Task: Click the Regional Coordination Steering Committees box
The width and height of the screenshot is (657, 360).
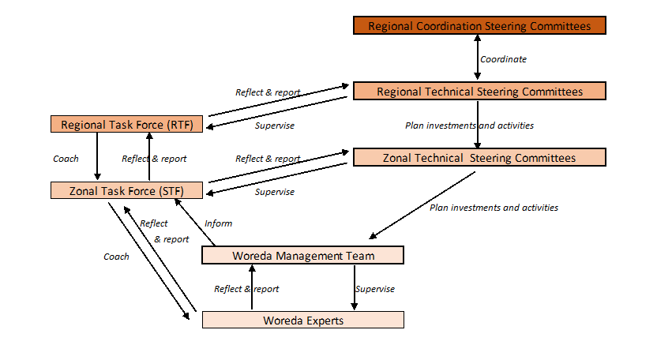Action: [479, 26]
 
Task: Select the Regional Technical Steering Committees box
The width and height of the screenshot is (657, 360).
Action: [479, 92]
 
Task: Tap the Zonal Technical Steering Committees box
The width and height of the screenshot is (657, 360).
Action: [479, 158]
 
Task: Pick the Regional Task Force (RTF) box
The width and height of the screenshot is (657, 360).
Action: [126, 125]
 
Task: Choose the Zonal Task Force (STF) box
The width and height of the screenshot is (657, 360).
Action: [126, 190]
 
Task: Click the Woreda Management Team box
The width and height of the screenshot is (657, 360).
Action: [302, 256]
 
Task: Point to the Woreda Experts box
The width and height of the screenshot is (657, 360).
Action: [302, 321]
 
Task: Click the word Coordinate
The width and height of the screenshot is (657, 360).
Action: [503, 59]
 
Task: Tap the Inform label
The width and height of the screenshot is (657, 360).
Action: [218, 223]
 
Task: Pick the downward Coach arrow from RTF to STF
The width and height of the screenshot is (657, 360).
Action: [97, 157]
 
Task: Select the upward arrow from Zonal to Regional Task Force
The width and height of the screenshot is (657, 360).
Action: [149, 157]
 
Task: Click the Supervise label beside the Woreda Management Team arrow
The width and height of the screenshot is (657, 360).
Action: [375, 289]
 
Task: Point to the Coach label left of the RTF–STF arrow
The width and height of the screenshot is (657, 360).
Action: [66, 159]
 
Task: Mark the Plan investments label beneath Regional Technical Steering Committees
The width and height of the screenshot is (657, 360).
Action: [469, 126]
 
